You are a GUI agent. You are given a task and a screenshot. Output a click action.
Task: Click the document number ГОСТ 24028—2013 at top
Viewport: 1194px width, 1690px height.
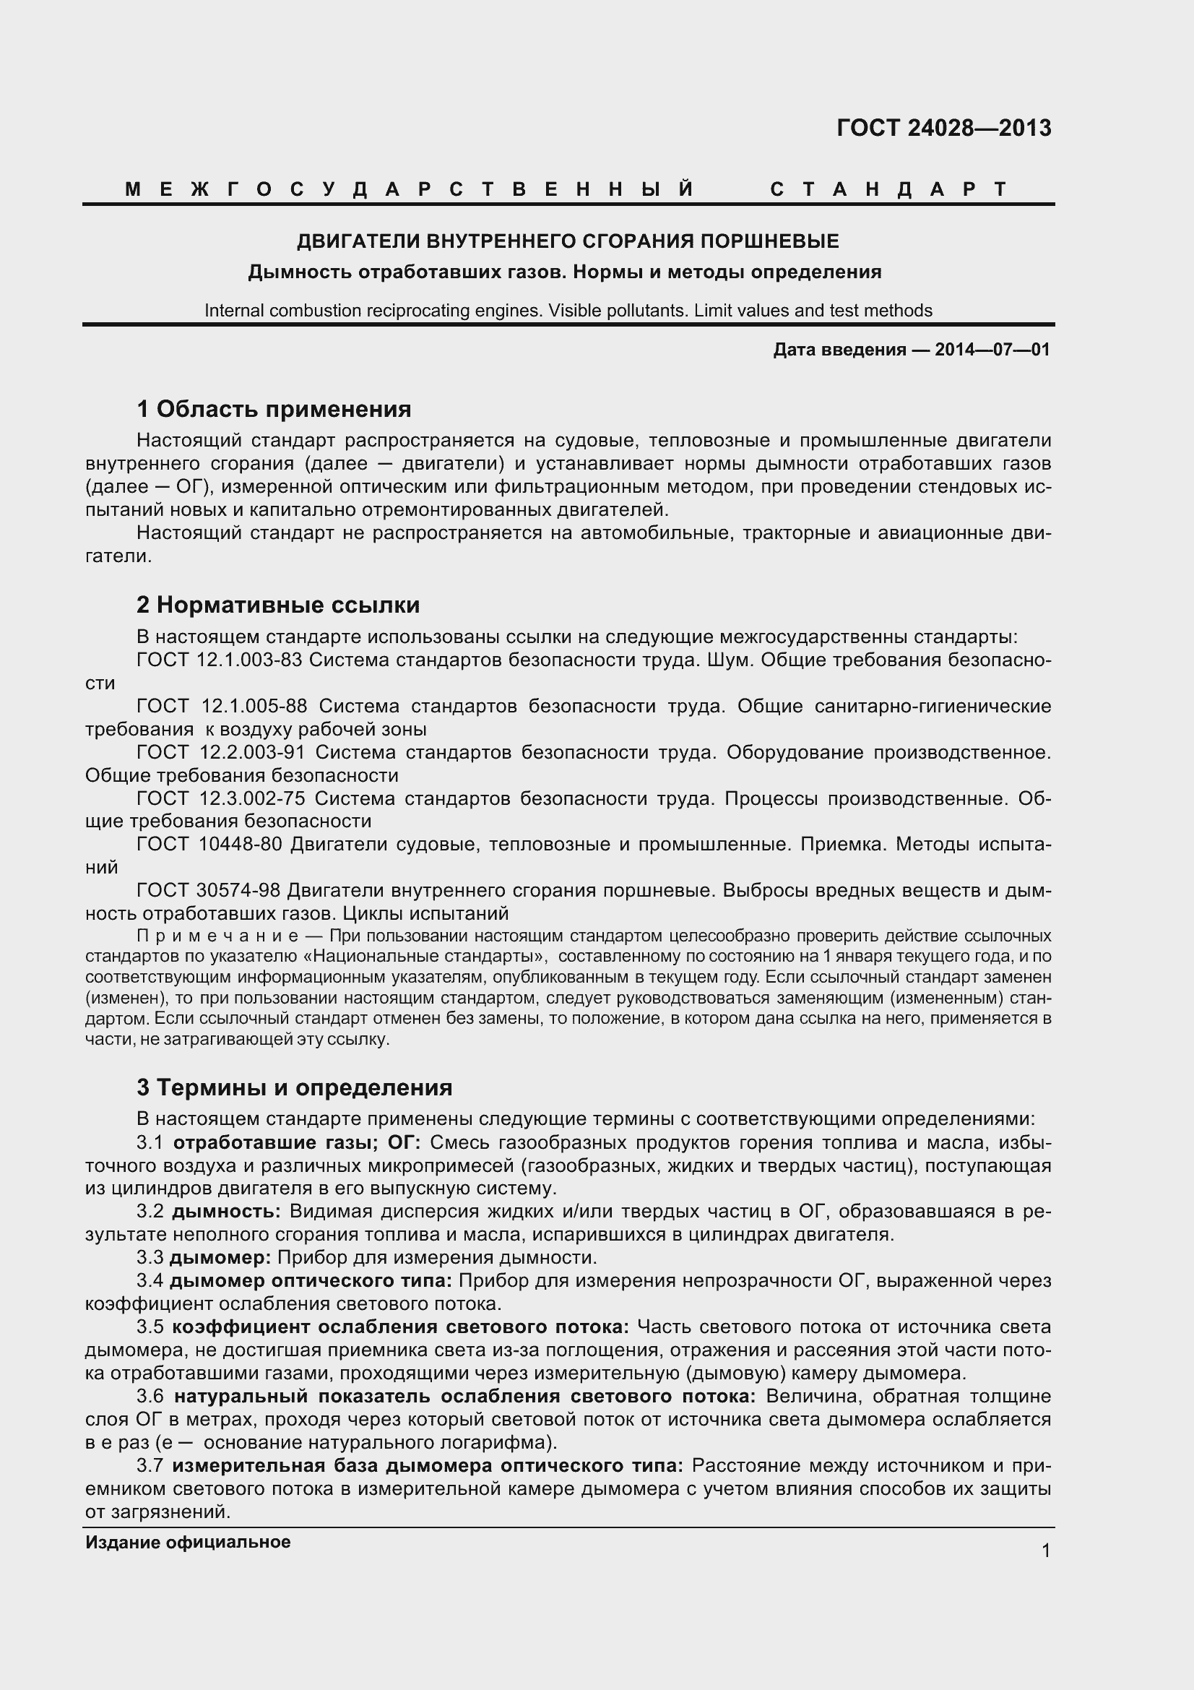click(944, 129)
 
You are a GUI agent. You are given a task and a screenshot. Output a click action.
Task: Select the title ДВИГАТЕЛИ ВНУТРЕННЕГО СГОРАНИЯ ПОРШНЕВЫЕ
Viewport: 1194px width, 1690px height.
click(567, 241)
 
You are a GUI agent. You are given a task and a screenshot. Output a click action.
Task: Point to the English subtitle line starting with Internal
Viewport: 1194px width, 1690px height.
click(568, 311)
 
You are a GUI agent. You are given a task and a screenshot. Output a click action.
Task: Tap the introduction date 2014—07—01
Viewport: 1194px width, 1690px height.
click(992, 350)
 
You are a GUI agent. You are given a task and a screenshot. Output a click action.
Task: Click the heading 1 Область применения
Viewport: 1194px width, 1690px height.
click(274, 408)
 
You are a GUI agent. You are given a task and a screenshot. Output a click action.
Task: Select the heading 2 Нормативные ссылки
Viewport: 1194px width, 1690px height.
click(278, 605)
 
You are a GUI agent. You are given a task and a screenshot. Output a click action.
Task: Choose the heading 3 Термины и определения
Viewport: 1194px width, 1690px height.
click(294, 1087)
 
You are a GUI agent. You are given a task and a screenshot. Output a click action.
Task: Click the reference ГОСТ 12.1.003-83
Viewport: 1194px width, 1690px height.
click(220, 660)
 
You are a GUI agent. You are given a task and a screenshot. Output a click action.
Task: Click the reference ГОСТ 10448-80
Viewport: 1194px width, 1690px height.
click(209, 844)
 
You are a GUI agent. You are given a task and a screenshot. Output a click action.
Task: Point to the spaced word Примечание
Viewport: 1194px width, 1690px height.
click(217, 936)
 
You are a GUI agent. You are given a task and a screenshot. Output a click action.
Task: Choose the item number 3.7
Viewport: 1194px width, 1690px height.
click(150, 1465)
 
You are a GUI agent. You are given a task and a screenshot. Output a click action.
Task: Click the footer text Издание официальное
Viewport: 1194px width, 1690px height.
click(188, 1542)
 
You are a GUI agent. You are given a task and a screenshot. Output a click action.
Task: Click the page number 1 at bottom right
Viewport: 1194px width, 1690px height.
click(1046, 1551)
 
